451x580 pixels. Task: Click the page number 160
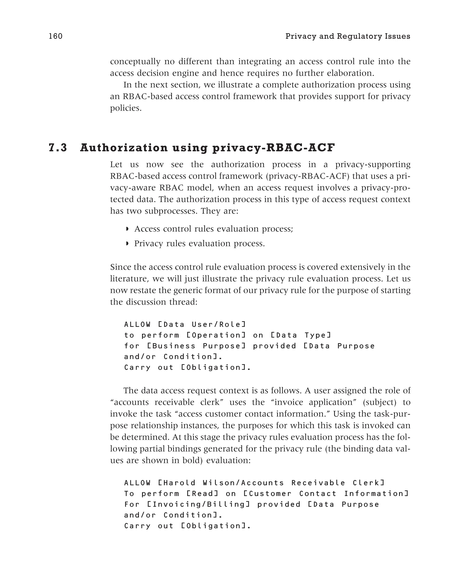[55, 36]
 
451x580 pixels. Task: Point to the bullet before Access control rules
[127, 229]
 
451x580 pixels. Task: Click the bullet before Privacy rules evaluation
[127, 244]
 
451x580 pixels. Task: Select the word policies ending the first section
[126, 108]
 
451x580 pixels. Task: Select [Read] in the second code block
[203, 494]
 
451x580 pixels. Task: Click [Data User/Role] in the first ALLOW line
[202, 324]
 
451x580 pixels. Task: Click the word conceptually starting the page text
[135, 62]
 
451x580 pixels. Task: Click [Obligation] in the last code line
[216, 526]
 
